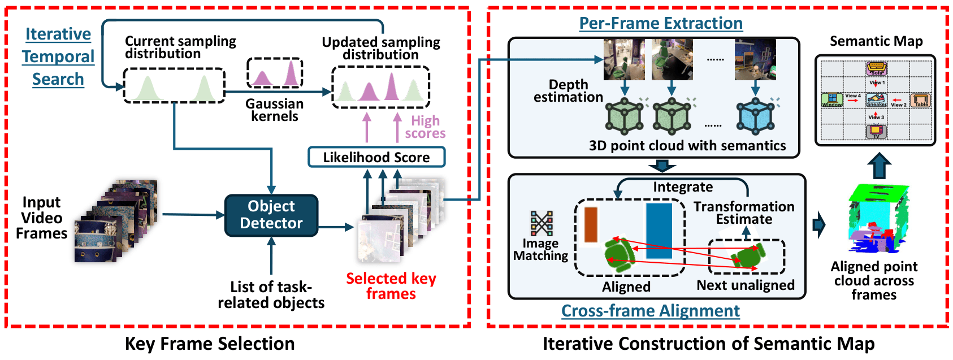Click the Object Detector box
point(271,215)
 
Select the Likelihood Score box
point(376,157)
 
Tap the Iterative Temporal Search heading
point(58,57)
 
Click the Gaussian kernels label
point(275,110)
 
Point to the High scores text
point(425,127)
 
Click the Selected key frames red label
point(391,286)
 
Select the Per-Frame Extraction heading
point(661,23)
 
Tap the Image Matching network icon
point(542,223)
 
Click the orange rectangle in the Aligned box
point(591,225)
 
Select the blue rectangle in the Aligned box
point(659,231)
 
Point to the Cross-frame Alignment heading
point(650,311)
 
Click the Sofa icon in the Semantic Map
point(877,69)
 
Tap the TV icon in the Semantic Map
point(876,132)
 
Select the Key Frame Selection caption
point(210,344)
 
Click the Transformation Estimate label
point(744,213)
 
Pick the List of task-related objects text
point(271,295)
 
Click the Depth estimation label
point(569,91)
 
